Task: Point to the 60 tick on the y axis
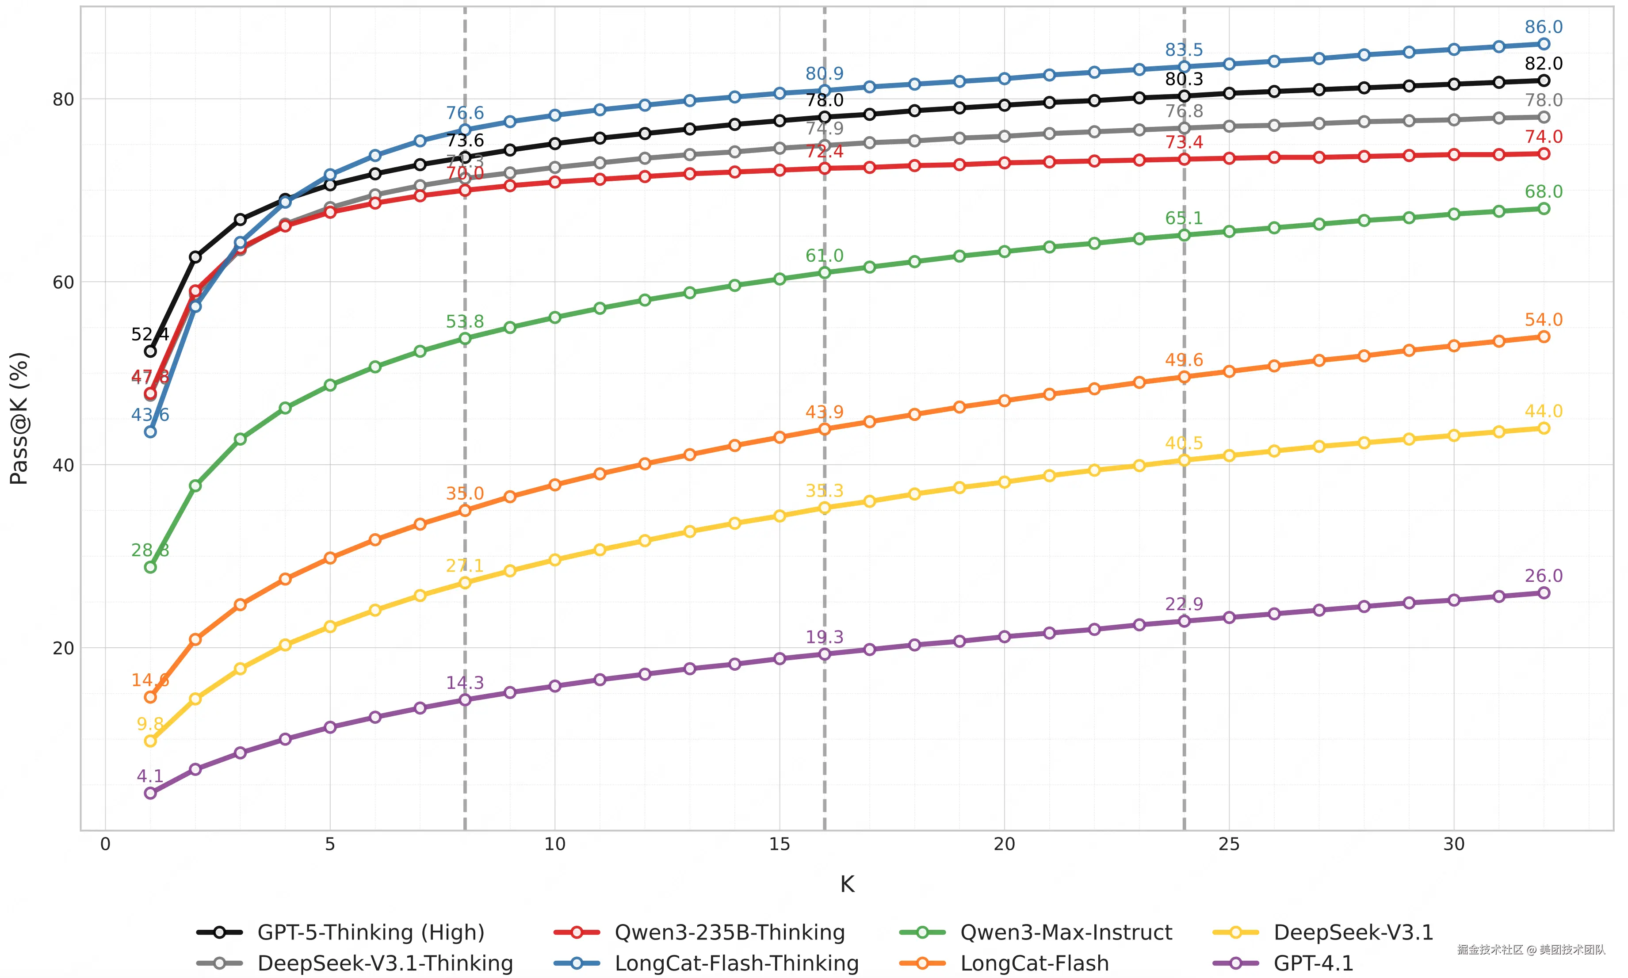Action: click(x=63, y=282)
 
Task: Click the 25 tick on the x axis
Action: click(x=1229, y=844)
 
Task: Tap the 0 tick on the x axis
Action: click(x=105, y=844)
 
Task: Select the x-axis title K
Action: click(x=847, y=884)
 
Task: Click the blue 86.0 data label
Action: click(x=1543, y=27)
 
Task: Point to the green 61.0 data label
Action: click(x=824, y=256)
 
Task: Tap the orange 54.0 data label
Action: click(x=1543, y=320)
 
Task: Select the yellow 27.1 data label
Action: click(x=465, y=565)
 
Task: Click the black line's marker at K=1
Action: click(x=150, y=351)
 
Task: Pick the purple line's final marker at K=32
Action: click(x=1543, y=592)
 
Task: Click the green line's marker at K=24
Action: click(x=1184, y=235)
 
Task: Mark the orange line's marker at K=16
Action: click(x=824, y=429)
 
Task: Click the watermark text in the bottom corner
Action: click(x=1531, y=950)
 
